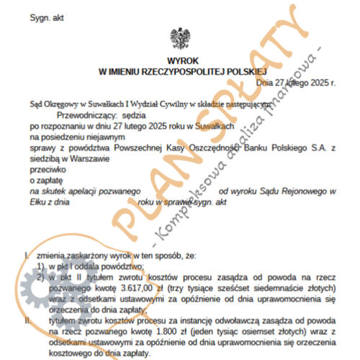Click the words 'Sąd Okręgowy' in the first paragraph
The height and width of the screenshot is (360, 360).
pyautogui.click(x=55, y=103)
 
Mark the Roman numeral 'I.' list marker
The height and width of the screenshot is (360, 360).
pyautogui.click(x=26, y=255)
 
